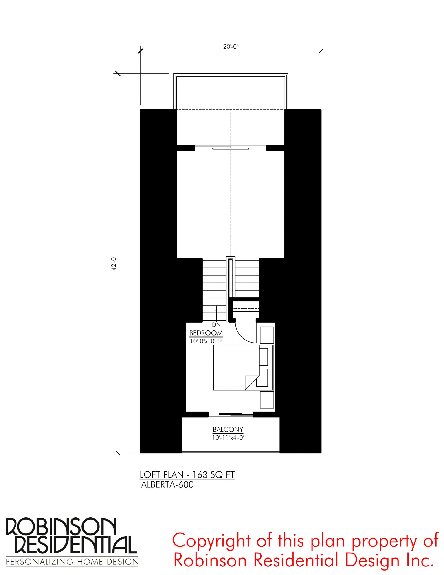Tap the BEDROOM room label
point(206,333)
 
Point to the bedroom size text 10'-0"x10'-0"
point(206,341)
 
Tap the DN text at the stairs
point(216,325)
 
